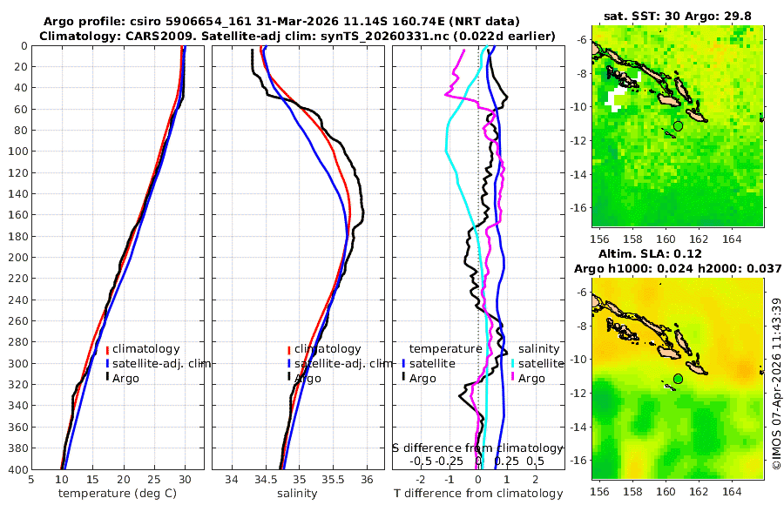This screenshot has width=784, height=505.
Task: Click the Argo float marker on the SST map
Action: [x=678, y=125]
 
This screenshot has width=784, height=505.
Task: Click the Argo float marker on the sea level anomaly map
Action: [x=678, y=379]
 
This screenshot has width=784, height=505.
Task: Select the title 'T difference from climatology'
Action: [x=478, y=494]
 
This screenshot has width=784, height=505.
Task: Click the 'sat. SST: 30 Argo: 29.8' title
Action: [x=678, y=16]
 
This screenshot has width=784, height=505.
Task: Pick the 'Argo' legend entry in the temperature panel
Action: [x=125, y=378]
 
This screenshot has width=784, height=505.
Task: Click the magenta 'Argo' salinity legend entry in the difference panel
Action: [x=531, y=378]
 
